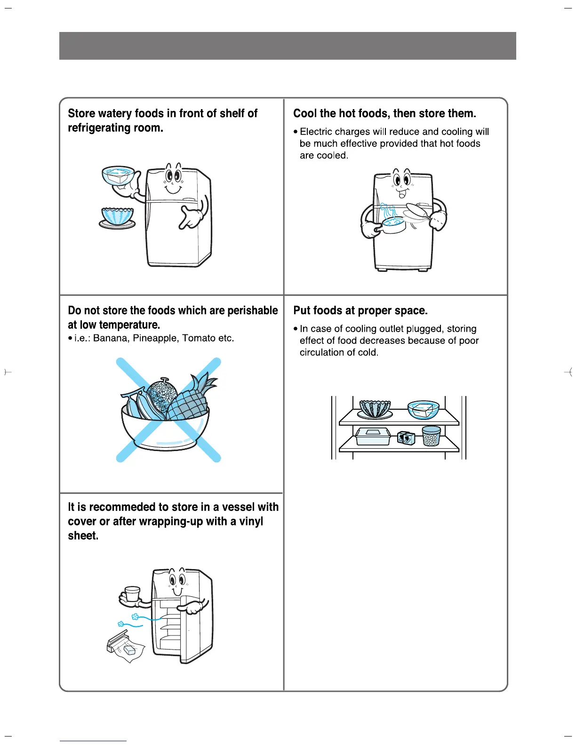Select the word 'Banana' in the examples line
coord(111,338)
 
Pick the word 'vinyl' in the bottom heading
coord(251,521)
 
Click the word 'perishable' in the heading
coord(253,310)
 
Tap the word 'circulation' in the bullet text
coord(322,352)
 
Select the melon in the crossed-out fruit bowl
coord(161,396)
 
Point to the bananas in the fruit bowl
coord(136,404)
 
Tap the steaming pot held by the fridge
coord(393,224)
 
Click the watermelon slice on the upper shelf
coord(375,409)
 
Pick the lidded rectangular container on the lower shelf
coord(373,436)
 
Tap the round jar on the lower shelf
coord(431,436)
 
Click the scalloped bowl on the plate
coord(117,218)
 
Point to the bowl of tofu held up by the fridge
coord(119,176)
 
